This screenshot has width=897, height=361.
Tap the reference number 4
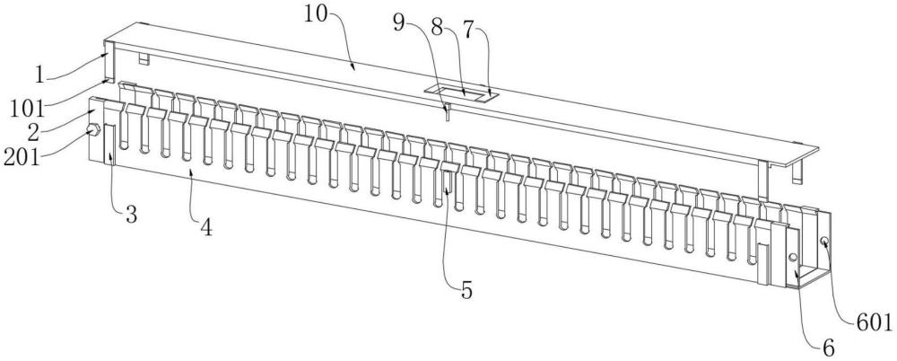pos(206,229)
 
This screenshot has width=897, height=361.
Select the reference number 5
pos(466,290)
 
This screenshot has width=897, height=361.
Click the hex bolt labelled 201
pos(91,131)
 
